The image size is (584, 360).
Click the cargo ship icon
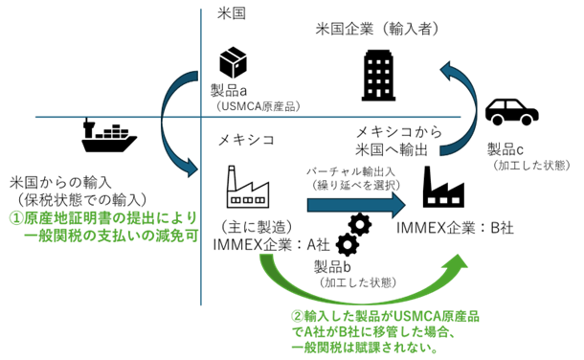click(x=109, y=136)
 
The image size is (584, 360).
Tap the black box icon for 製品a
click(x=233, y=63)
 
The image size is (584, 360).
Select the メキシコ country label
click(x=246, y=141)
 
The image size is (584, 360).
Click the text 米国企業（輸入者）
click(x=378, y=30)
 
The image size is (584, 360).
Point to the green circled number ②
click(x=299, y=316)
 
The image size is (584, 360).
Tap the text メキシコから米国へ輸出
click(x=397, y=140)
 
